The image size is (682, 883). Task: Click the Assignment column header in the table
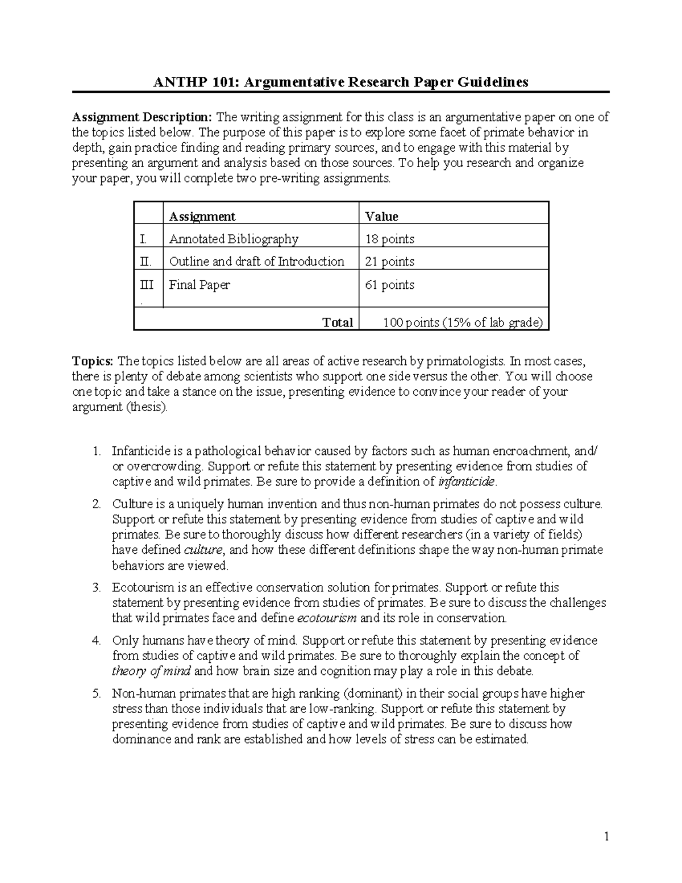pyautogui.click(x=202, y=217)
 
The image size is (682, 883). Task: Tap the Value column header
pyautogui.click(x=381, y=217)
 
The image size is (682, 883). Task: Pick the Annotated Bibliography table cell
pyautogui.click(x=233, y=239)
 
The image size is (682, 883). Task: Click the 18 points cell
pyautogui.click(x=389, y=239)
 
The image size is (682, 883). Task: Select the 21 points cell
pyautogui.click(x=389, y=262)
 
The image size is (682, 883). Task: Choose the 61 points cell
pyautogui.click(x=389, y=285)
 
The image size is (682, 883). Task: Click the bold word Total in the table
pyautogui.click(x=338, y=322)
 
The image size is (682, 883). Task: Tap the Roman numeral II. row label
pyautogui.click(x=146, y=262)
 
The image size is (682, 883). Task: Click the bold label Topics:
pyautogui.click(x=93, y=361)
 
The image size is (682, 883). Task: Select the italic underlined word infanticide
pyautogui.click(x=467, y=482)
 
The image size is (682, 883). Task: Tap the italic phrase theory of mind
pyautogui.click(x=152, y=671)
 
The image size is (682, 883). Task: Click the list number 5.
pyautogui.click(x=97, y=694)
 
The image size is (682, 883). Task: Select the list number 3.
pyautogui.click(x=97, y=587)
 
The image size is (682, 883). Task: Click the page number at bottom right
pyautogui.click(x=606, y=836)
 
